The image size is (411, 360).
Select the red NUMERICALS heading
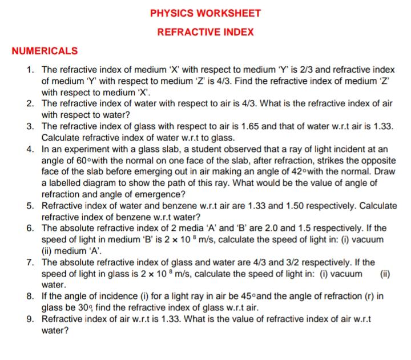coord(45,51)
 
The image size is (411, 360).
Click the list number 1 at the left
coord(30,70)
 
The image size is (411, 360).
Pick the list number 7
coord(30,262)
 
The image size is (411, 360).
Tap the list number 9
coord(30,319)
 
